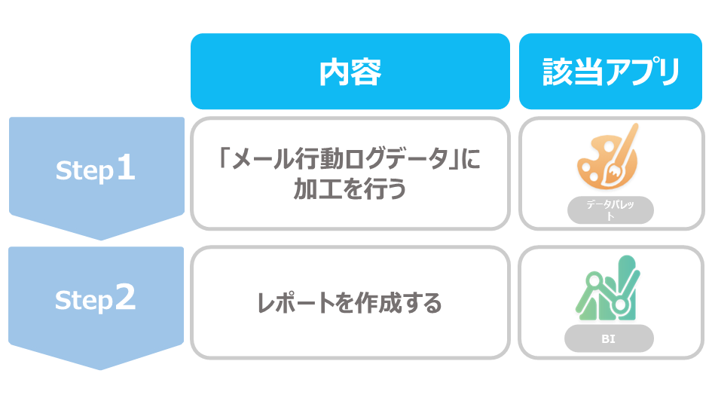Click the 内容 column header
[350, 72]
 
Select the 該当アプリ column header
[610, 72]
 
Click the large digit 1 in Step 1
[126, 167]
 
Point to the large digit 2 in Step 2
[125, 297]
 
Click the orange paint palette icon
[607, 157]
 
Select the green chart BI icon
[607, 288]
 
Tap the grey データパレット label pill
[610, 210]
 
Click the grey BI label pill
[609, 338]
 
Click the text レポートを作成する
[349, 303]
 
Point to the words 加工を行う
[350, 188]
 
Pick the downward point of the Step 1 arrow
[101, 240]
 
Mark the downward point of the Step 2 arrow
[100, 369]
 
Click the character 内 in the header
[335, 72]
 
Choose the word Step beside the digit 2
[84, 301]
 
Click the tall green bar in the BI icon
[627, 287]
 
